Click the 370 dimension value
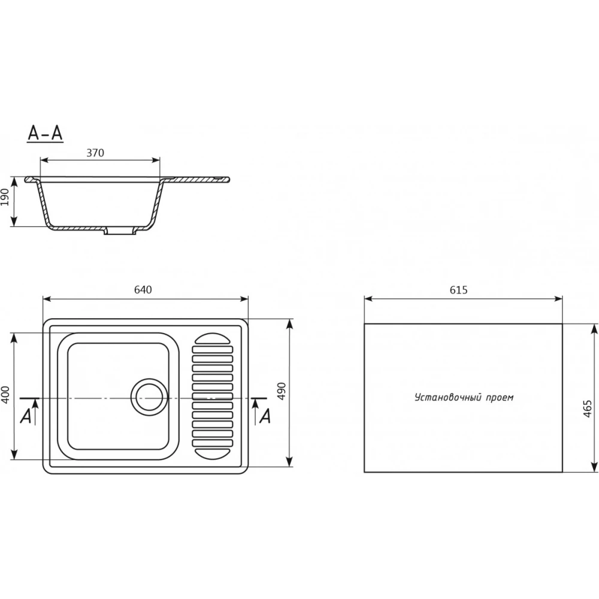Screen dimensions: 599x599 pos(95,153)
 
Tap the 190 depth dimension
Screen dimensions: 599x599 pos(5,197)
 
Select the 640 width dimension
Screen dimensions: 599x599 pos(143,290)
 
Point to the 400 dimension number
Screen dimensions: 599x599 pos(5,395)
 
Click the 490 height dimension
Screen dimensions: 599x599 pos(282,391)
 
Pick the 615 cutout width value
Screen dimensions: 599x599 pos(458,291)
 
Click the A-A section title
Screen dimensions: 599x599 pos(45,134)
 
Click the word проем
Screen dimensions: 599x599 pos(500,398)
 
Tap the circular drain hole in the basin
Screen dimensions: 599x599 pos(149,397)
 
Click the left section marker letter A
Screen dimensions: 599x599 pos(26,416)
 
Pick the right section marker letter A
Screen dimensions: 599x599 pos(265,416)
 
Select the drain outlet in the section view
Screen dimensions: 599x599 pos(120,231)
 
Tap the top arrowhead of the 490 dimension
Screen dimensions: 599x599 pos(289,324)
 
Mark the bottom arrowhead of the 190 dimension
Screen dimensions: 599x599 pos(14,221)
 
